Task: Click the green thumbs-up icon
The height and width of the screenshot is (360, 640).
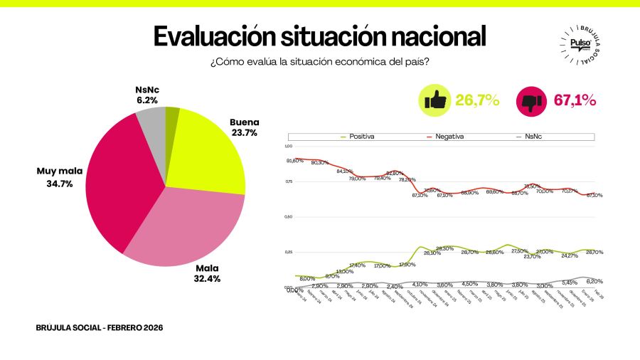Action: [x=434, y=100]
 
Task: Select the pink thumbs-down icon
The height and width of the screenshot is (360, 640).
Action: [x=530, y=100]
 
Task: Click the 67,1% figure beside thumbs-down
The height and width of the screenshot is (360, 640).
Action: [x=575, y=100]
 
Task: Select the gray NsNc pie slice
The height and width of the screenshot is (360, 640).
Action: [x=152, y=125]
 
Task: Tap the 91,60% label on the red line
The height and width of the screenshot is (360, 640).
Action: [x=295, y=161]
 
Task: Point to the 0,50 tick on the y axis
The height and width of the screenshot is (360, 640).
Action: [x=288, y=216]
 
